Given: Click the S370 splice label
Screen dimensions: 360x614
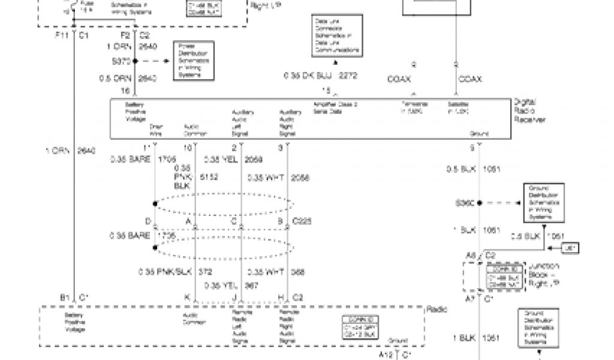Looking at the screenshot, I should (121, 61).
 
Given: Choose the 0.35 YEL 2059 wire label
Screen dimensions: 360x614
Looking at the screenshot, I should (225, 160).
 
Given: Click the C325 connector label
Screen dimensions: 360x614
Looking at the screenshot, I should (303, 221).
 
